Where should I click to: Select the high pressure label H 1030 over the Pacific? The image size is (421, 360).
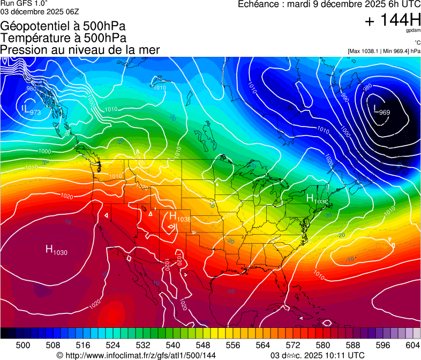click(56, 250)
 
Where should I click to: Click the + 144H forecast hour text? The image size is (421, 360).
click(393, 21)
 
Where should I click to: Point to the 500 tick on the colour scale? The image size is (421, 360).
click(23, 344)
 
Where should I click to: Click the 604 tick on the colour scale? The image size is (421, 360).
click(412, 344)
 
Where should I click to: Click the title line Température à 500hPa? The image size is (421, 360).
click(63, 37)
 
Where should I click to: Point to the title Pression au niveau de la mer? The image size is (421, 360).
click(80, 50)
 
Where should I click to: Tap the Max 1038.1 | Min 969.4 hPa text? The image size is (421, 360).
click(384, 51)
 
